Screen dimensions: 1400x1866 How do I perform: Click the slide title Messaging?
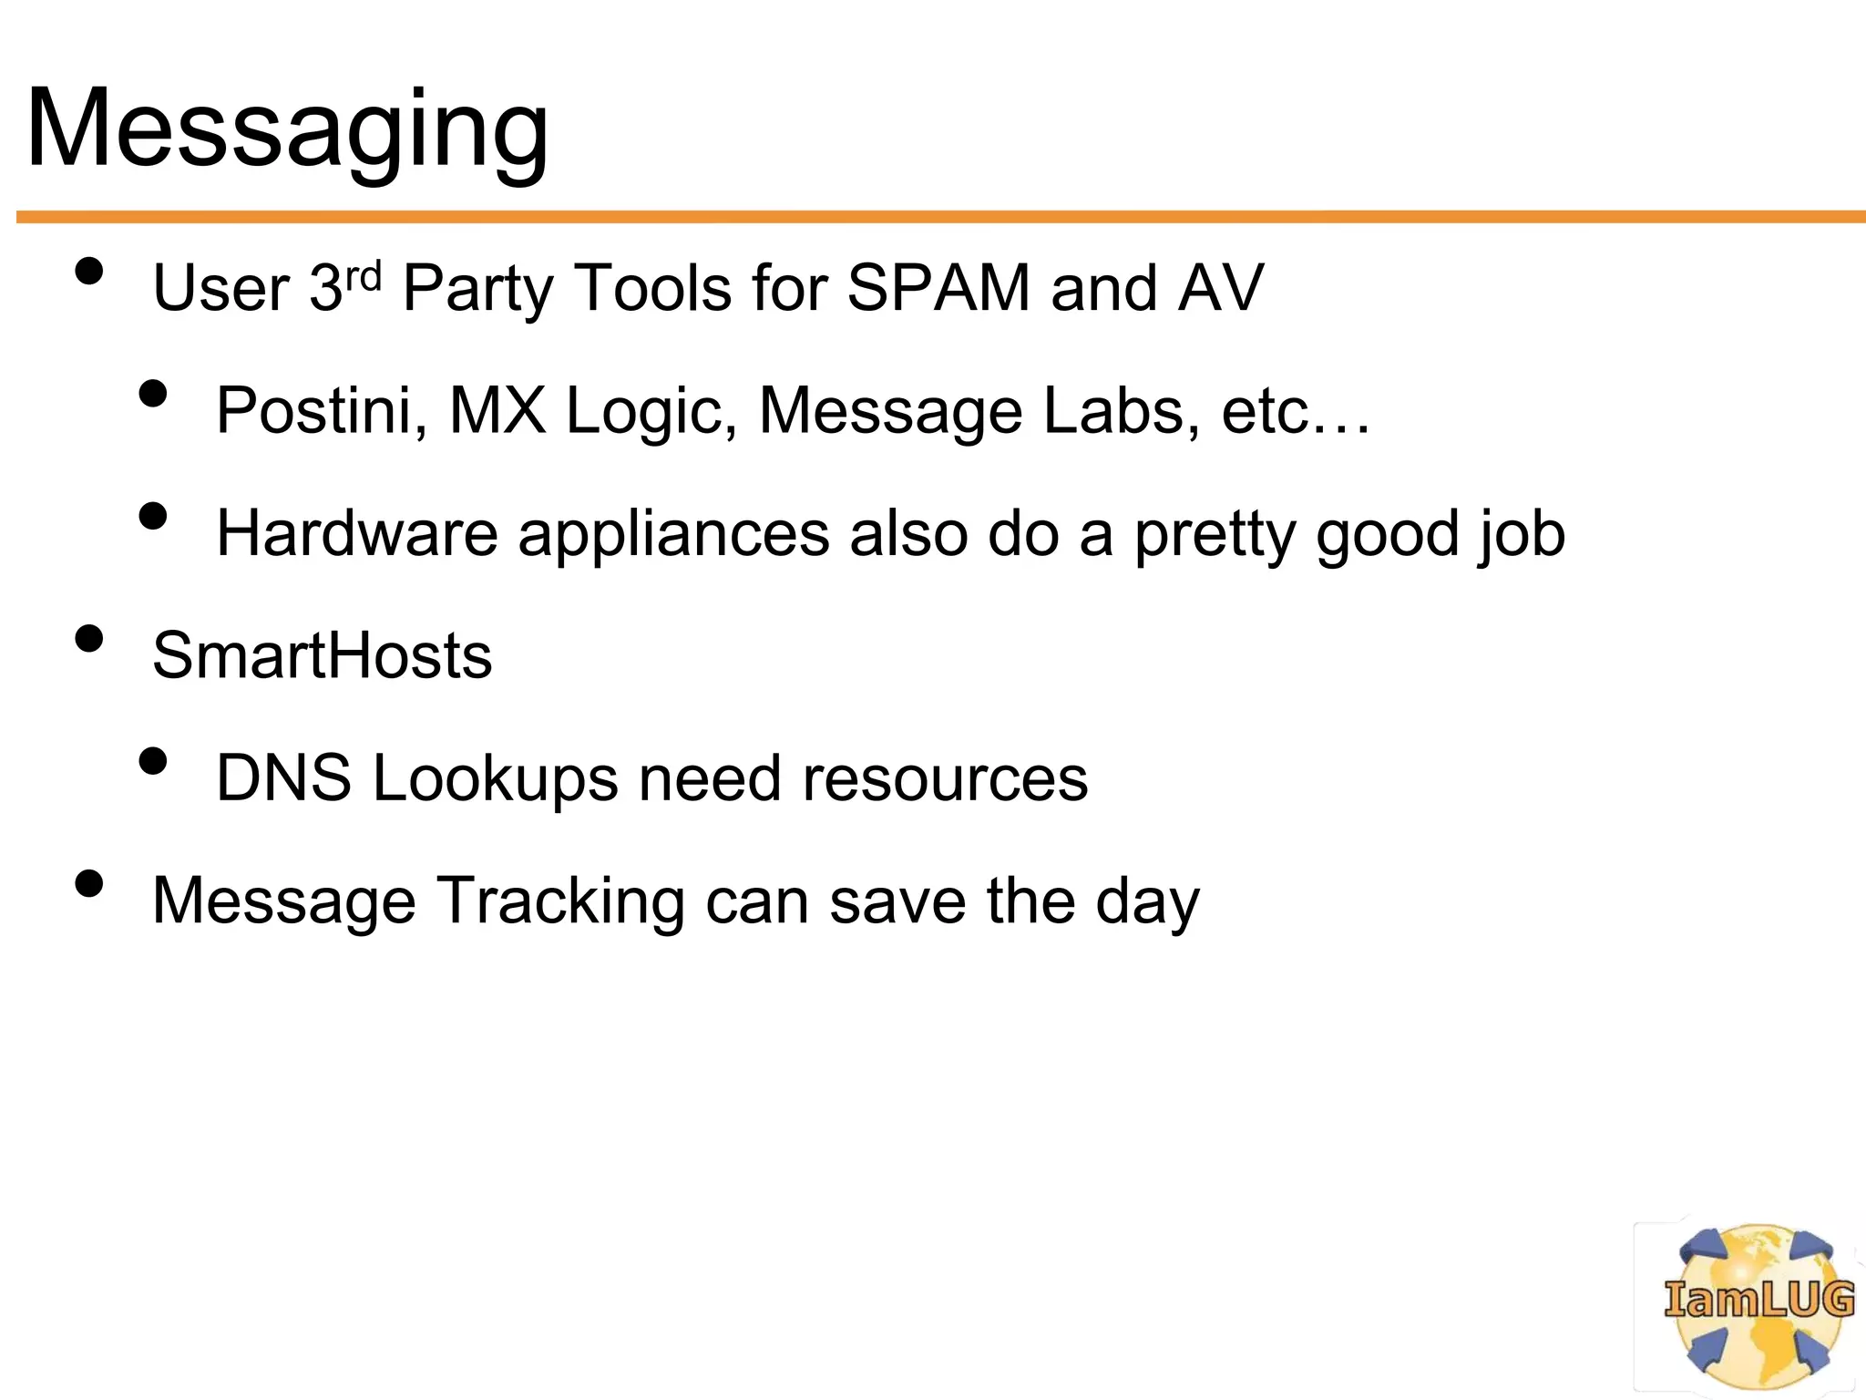pyautogui.click(x=287, y=129)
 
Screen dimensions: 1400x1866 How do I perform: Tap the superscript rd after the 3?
pyautogui.click(x=364, y=274)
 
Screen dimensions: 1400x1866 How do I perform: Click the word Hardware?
pyautogui.click(x=357, y=533)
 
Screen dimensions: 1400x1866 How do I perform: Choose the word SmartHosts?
pyautogui.click(x=322, y=655)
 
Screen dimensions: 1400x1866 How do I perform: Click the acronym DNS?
pyautogui.click(x=283, y=778)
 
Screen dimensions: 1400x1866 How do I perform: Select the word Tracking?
pyautogui.click(x=560, y=901)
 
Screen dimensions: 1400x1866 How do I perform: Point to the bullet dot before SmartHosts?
pyautogui.click(x=89, y=639)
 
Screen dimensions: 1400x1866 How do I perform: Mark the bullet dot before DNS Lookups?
pyautogui.click(x=153, y=761)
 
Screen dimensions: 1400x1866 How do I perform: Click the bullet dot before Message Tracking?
pyautogui.click(x=89, y=883)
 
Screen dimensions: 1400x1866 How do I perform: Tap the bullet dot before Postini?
pyautogui.click(x=153, y=394)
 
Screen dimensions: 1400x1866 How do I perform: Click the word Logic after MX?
pyautogui.click(x=651, y=412)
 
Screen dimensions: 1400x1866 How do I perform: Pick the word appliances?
pyautogui.click(x=673, y=535)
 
